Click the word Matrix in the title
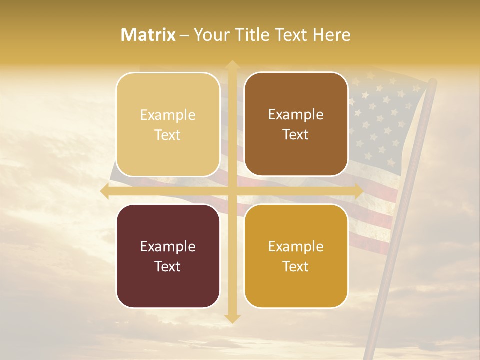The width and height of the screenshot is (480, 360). click(x=148, y=35)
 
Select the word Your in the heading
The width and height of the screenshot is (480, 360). click(x=210, y=35)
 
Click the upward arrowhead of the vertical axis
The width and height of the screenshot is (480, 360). click(x=232, y=65)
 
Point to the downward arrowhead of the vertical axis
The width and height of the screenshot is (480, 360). click(x=232, y=318)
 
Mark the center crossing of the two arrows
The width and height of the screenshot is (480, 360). click(x=232, y=191)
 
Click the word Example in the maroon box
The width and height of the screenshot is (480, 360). click(x=168, y=246)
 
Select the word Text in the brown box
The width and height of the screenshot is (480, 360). click(x=296, y=135)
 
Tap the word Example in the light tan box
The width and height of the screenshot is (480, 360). click(x=168, y=115)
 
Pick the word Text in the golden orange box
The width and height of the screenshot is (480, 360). click(x=296, y=266)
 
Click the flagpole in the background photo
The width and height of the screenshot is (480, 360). click(x=400, y=225)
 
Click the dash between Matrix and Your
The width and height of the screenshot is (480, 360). click(x=184, y=35)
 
